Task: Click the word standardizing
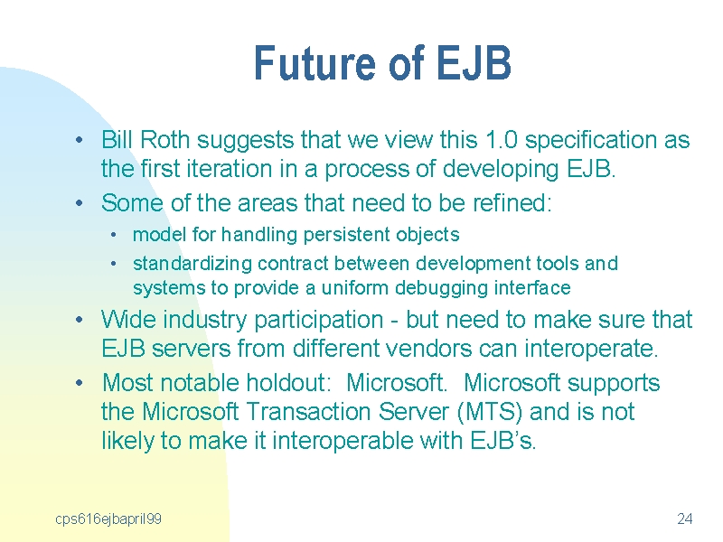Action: [192, 264]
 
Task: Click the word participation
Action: [319, 321]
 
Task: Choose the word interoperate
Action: [591, 349]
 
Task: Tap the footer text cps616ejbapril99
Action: [108, 519]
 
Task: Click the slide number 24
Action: [685, 519]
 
